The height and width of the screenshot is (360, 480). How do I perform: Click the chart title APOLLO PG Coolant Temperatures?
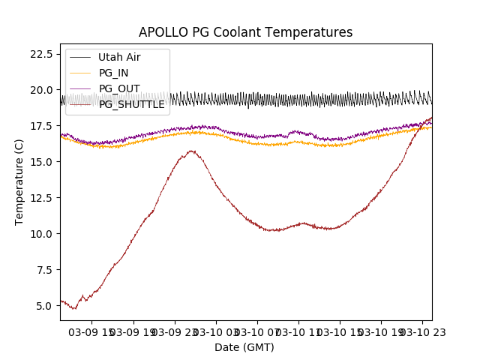[245, 32]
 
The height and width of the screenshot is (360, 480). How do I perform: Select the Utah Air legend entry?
[119, 57]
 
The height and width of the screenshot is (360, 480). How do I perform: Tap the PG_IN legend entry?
[113, 73]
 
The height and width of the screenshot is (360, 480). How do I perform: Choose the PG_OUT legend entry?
[118, 88]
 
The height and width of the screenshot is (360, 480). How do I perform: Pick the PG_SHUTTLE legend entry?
[131, 104]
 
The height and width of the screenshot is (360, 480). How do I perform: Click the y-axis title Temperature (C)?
[19, 181]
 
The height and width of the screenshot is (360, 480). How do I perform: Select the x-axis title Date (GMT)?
[244, 347]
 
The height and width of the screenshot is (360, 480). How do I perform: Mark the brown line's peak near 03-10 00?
[192, 151]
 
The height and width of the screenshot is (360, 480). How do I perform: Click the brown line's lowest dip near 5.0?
[74, 308]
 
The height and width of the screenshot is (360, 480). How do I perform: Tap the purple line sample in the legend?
[80, 88]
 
